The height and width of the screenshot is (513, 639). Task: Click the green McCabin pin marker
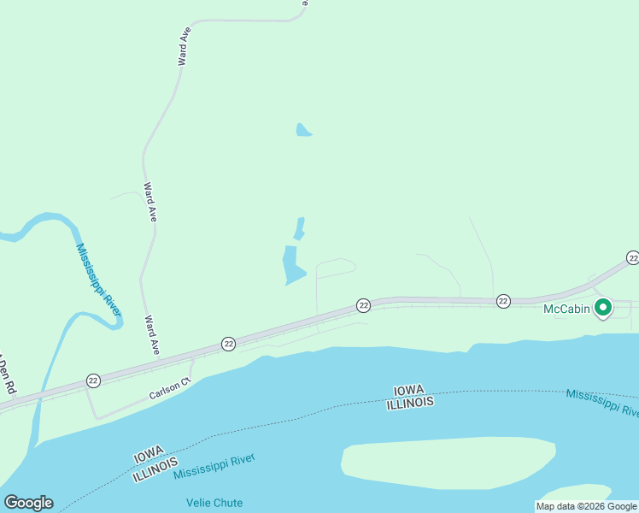click(x=603, y=307)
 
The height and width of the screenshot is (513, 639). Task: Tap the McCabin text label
click(x=567, y=309)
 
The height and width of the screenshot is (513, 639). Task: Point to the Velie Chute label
click(x=214, y=502)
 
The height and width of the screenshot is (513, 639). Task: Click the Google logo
click(x=29, y=503)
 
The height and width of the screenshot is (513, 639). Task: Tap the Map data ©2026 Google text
click(x=586, y=505)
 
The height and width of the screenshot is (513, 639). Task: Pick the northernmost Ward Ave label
click(x=184, y=46)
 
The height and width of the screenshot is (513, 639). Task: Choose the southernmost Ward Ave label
click(x=153, y=335)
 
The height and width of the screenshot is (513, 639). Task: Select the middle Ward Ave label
click(x=150, y=203)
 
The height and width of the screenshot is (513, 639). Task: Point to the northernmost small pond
click(x=303, y=130)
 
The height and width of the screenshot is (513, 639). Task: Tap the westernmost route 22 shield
click(x=93, y=380)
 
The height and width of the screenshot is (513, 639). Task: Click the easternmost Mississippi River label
click(x=601, y=404)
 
